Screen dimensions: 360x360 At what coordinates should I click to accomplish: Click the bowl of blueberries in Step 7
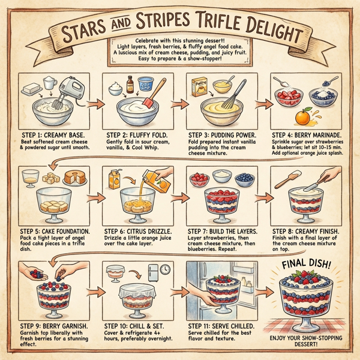tap(244, 178)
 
